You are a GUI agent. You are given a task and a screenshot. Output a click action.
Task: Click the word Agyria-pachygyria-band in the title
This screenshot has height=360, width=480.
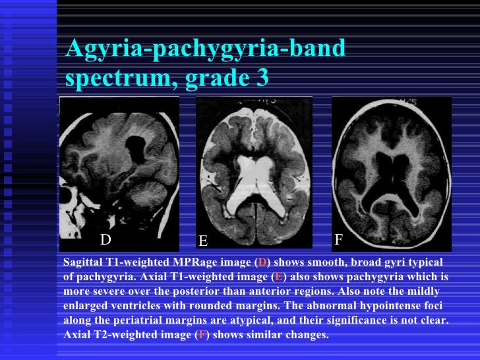pos(205,49)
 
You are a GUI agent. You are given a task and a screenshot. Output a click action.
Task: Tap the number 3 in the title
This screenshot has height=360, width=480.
pos(261,78)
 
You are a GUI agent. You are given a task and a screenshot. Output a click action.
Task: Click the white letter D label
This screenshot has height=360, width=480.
pos(106,238)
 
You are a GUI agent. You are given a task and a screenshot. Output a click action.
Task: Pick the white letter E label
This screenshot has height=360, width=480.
pos(203,240)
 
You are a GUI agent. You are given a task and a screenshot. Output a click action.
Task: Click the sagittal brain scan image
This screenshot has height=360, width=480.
pos(119,168)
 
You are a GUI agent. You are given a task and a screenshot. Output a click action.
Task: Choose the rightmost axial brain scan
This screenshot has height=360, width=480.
pos(391,173)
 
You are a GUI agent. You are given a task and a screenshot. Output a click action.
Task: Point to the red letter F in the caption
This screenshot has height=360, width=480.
pos(200,335)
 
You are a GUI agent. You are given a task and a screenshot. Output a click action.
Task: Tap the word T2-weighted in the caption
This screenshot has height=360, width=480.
pos(126,335)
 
